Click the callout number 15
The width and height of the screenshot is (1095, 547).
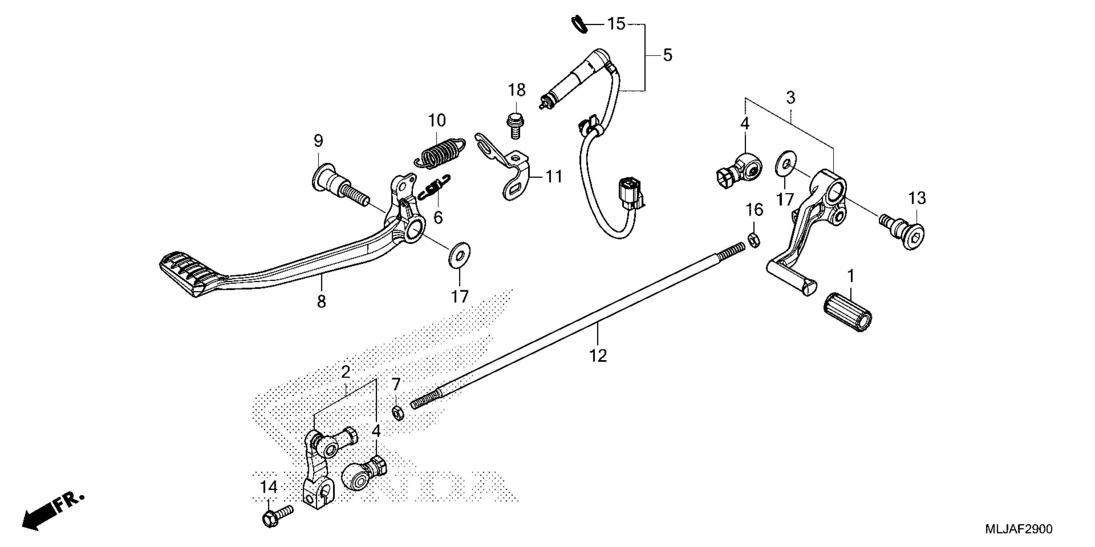pyautogui.click(x=616, y=24)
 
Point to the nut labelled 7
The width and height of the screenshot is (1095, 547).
pyautogui.click(x=397, y=412)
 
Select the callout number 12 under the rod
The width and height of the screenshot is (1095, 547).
pyautogui.click(x=598, y=356)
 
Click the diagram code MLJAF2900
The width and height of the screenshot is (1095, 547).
pyautogui.click(x=1019, y=529)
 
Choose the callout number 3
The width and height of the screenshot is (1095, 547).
pyautogui.click(x=790, y=98)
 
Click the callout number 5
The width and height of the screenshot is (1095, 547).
pyautogui.click(x=667, y=55)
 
